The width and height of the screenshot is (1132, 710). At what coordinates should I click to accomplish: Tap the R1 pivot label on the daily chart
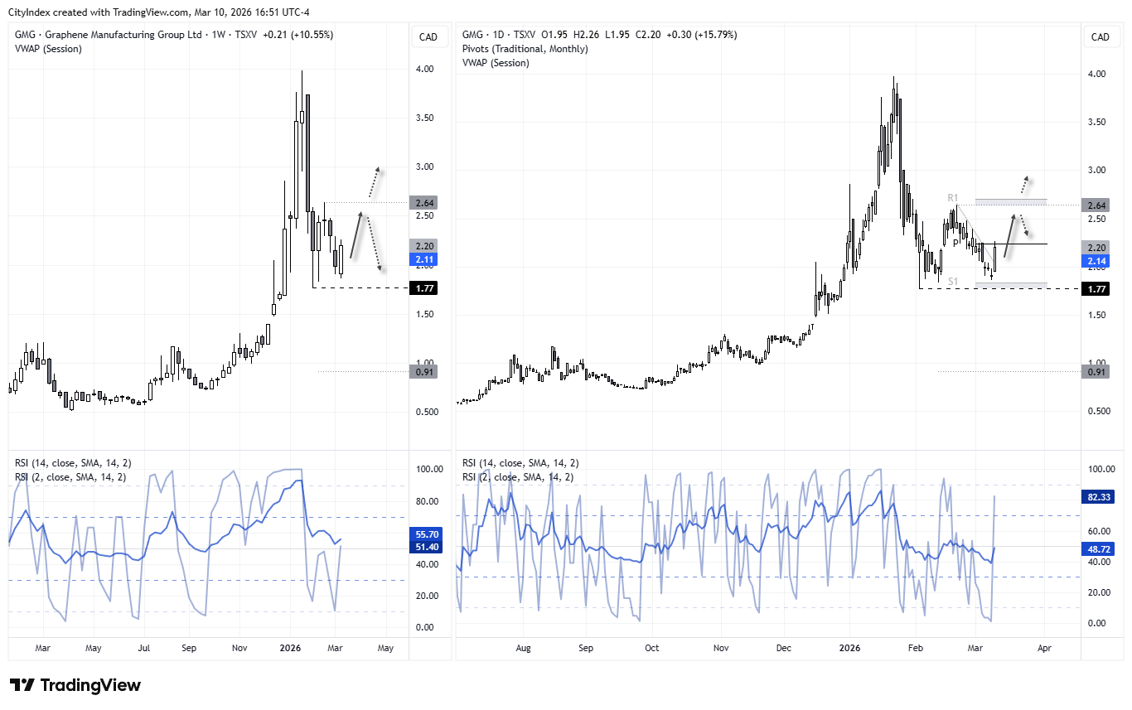coord(954,198)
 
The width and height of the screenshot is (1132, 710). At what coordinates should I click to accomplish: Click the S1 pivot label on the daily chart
coord(954,282)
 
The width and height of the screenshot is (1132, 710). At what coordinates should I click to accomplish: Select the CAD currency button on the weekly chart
coord(428,36)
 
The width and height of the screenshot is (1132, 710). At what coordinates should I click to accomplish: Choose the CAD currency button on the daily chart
coord(1100,36)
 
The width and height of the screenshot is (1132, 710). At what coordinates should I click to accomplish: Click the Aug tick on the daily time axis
coord(523,649)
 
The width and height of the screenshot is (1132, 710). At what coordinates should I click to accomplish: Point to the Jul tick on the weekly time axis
coord(145,649)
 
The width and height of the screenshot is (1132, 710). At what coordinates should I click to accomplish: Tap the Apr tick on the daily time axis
coord(1044,649)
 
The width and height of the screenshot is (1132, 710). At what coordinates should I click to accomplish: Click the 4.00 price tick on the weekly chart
coord(425,70)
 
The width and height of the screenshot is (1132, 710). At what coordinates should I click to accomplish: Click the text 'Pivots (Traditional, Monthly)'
coord(525,49)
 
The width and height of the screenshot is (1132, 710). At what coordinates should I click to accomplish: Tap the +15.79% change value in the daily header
coord(712,35)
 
